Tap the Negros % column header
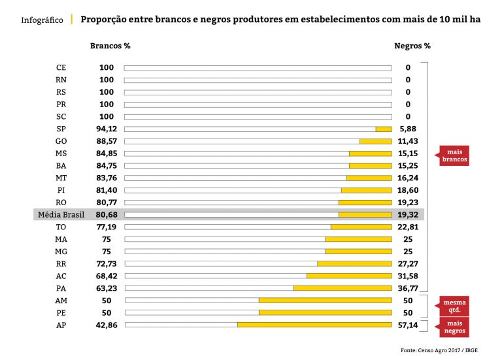pyautogui.click(x=412, y=46)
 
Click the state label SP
pyautogui.click(x=61, y=129)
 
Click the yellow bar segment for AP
pyautogui.click(x=314, y=325)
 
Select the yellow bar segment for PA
pyautogui.click(x=343, y=288)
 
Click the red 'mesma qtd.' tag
pyautogui.click(x=454, y=306)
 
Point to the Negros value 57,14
pyautogui.click(x=413, y=325)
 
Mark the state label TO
pyautogui.click(x=61, y=227)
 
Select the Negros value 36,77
pyautogui.click(x=413, y=288)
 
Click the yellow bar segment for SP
pyautogui.click(x=384, y=129)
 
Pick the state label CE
pyautogui.click(x=61, y=67)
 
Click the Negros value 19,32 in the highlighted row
pyautogui.click(x=413, y=214)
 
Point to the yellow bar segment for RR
pyautogui.click(x=354, y=263)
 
